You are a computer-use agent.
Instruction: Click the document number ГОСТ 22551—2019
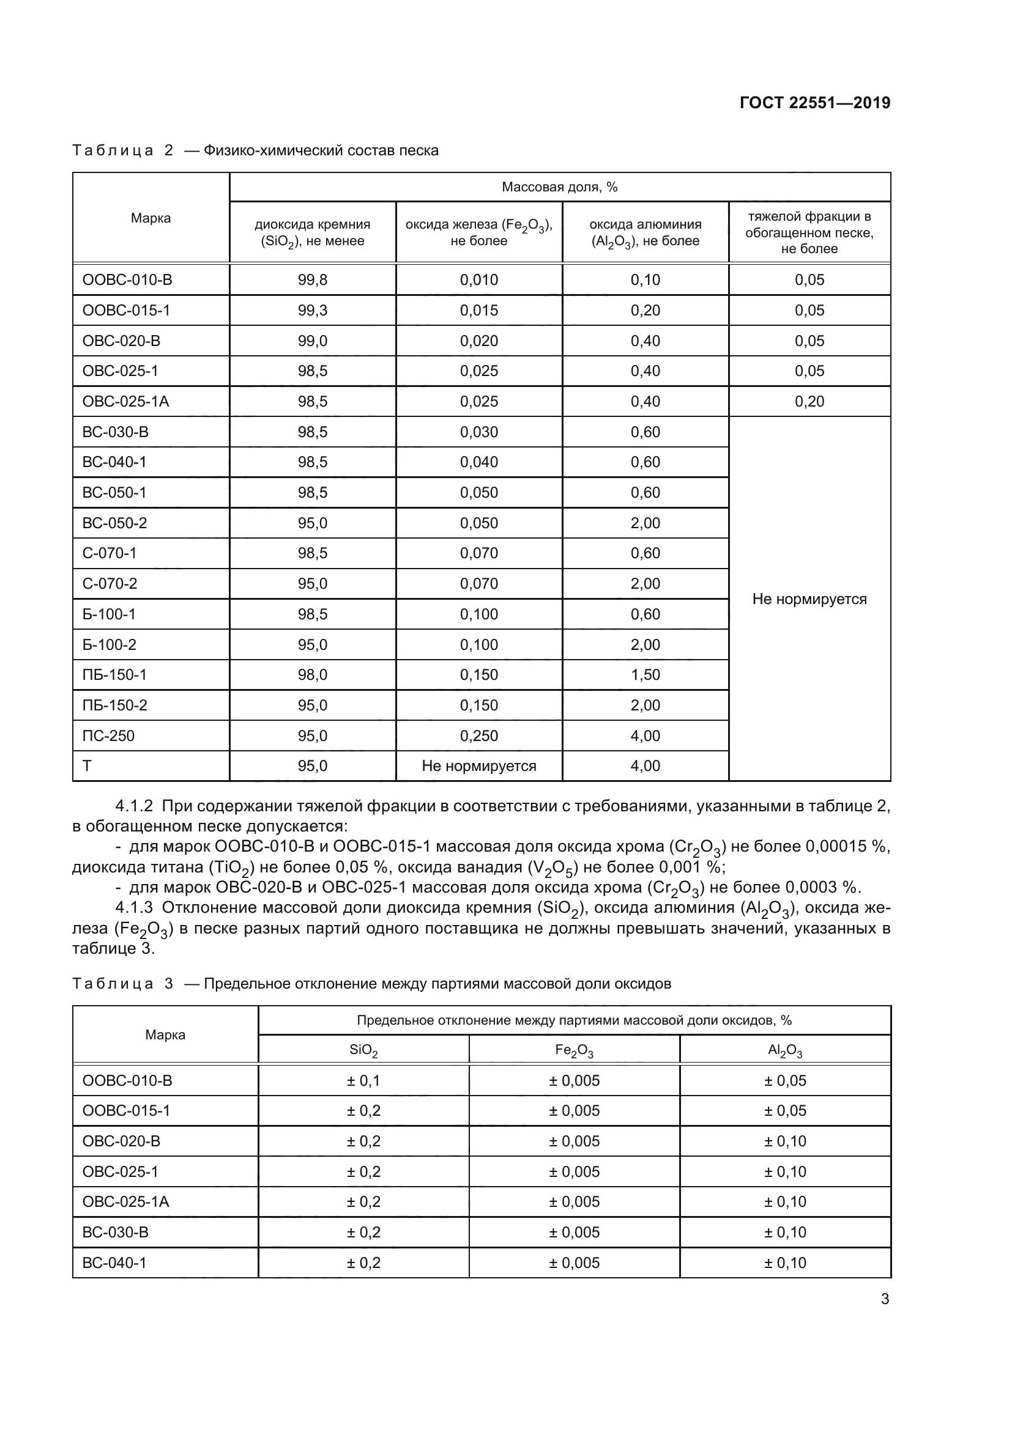(x=814, y=103)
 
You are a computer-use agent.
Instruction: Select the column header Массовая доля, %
(x=559, y=188)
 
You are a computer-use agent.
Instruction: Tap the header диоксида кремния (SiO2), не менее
(x=312, y=232)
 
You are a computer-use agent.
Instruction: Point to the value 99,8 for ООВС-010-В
(x=312, y=279)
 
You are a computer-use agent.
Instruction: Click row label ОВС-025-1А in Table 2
(x=126, y=402)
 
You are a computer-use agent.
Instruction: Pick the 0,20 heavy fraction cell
(x=809, y=402)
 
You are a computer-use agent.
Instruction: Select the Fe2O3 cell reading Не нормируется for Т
(x=478, y=766)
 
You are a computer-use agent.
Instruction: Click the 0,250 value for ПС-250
(x=478, y=735)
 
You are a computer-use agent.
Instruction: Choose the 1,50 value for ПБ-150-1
(x=645, y=674)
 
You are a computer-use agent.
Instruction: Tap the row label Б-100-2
(x=109, y=644)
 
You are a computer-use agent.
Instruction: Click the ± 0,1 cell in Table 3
(x=363, y=1080)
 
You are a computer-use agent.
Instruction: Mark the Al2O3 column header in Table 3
(x=784, y=1051)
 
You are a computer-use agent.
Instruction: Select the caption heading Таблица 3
(x=122, y=984)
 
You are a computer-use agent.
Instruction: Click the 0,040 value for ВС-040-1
(x=478, y=462)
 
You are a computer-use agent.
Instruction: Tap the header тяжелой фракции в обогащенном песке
(x=809, y=232)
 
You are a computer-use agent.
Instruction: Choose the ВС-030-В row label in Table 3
(x=115, y=1232)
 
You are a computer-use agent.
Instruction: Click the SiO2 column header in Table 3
(x=363, y=1051)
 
